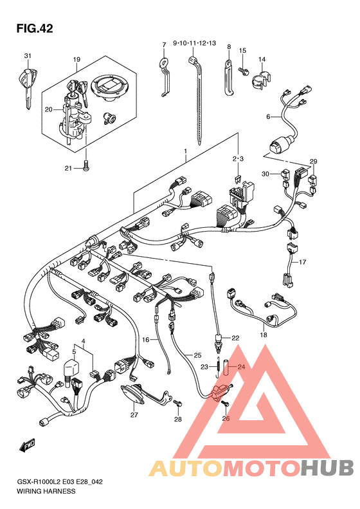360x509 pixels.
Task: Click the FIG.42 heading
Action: [x=35, y=28]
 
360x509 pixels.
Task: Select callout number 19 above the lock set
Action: [x=76, y=59]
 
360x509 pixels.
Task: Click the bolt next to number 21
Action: [x=86, y=165]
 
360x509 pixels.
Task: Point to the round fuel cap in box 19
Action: [x=110, y=88]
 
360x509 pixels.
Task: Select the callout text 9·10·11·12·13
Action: [x=194, y=43]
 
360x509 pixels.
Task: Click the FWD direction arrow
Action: [x=27, y=445]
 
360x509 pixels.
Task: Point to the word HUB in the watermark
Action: [x=327, y=467]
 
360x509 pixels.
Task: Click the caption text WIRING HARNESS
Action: [x=46, y=491]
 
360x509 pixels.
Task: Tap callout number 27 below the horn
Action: [x=134, y=415]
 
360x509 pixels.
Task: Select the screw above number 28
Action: [x=177, y=403]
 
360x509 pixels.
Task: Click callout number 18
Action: [x=264, y=335]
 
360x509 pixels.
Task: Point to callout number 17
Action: [x=302, y=262]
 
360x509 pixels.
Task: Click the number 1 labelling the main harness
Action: [x=186, y=151]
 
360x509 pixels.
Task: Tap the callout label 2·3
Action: [x=238, y=159]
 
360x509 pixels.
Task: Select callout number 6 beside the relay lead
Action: [x=268, y=116]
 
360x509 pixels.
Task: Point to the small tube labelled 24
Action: [x=227, y=367]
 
